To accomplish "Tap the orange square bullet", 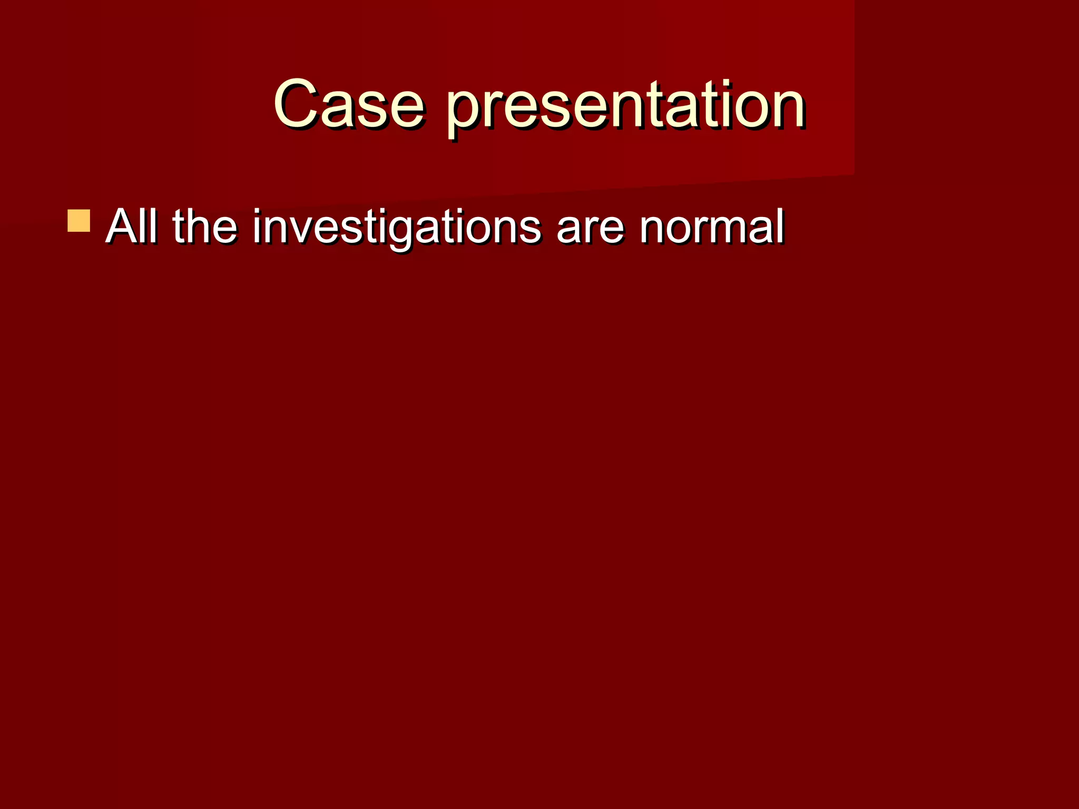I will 79,221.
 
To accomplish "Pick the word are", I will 590,229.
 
